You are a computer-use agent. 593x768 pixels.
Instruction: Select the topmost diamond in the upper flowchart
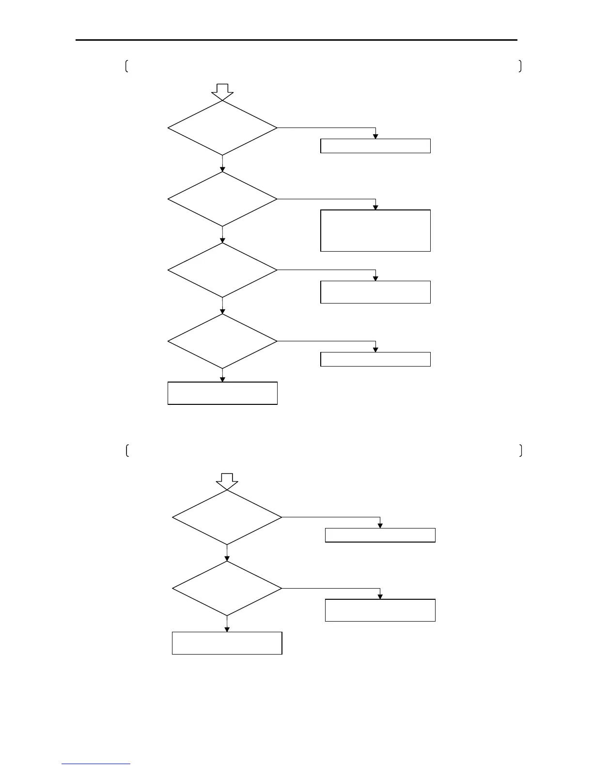pyautogui.click(x=222, y=128)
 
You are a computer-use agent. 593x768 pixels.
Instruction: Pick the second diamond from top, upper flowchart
pyautogui.click(x=222, y=199)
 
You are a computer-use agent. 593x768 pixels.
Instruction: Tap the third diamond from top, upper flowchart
pyautogui.click(x=222, y=270)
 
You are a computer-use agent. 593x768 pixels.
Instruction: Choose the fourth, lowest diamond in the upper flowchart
pyautogui.click(x=222, y=341)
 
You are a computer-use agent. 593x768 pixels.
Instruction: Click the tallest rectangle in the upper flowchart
pyautogui.click(x=375, y=231)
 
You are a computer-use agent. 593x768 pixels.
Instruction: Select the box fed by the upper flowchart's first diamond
pyautogui.click(x=375, y=146)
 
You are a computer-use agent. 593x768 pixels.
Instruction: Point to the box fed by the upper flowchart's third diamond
pyautogui.click(x=375, y=292)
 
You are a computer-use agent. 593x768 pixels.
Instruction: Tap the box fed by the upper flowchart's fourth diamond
pyautogui.click(x=375, y=359)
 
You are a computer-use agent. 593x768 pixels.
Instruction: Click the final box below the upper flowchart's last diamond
pyautogui.click(x=222, y=393)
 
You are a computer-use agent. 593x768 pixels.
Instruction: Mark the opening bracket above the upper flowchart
pyautogui.click(x=126, y=66)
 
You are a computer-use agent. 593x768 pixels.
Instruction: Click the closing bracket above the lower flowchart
pyautogui.click(x=520, y=450)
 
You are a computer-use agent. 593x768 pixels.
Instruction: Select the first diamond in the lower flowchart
pyautogui.click(x=227, y=517)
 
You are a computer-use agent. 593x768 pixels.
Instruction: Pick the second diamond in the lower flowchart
pyautogui.click(x=227, y=589)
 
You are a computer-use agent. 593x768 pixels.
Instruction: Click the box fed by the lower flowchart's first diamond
pyautogui.click(x=380, y=535)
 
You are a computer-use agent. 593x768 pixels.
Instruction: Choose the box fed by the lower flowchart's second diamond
pyautogui.click(x=380, y=610)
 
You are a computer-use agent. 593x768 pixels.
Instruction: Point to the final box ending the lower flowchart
pyautogui.click(x=227, y=643)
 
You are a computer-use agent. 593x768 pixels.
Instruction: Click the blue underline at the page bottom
pyautogui.click(x=96, y=764)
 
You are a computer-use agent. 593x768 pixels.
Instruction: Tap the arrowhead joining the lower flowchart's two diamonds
pyautogui.click(x=227, y=559)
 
